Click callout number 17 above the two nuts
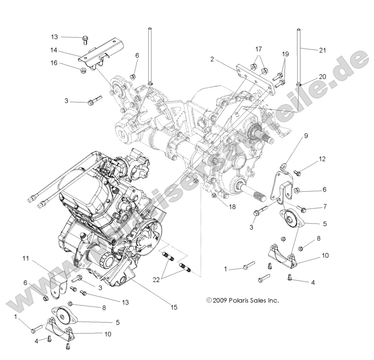pos(258,49)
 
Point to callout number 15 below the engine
pos(174,307)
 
